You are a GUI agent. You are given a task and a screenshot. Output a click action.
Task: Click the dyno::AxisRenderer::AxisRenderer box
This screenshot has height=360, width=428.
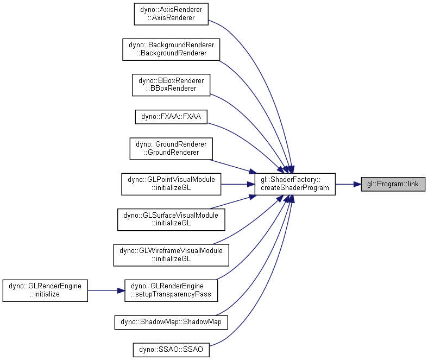click(171, 14)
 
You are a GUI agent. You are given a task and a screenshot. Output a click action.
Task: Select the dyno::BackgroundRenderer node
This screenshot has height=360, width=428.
click(171, 49)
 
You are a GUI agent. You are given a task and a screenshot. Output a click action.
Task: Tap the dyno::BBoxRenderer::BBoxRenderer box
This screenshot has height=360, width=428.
click(171, 85)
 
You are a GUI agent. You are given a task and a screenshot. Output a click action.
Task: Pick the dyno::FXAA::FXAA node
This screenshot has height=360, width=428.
click(171, 117)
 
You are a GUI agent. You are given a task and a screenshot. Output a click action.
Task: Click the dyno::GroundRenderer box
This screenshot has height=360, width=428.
click(171, 149)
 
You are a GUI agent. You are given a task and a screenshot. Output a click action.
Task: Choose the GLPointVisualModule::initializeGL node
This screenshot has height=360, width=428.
click(171, 184)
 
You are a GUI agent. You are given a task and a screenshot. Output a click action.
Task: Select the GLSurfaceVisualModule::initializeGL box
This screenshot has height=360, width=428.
click(171, 220)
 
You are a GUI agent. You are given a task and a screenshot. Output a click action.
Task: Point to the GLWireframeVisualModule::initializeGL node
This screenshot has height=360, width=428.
click(171, 255)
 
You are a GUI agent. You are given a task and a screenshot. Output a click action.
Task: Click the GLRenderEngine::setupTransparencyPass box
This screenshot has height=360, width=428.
click(171, 290)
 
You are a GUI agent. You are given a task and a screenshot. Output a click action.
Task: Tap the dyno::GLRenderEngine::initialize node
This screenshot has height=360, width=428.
click(45, 290)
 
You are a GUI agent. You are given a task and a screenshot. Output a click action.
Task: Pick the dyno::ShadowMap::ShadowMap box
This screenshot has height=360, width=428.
click(171, 323)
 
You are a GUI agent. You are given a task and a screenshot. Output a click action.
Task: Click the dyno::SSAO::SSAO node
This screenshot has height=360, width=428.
click(171, 350)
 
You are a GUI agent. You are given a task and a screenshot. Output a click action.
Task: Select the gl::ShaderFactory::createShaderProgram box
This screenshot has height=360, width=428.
click(295, 184)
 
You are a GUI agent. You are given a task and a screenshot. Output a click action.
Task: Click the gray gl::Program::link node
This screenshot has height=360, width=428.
click(393, 184)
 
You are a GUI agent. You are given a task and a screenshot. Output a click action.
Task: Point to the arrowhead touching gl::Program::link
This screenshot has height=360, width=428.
click(357, 184)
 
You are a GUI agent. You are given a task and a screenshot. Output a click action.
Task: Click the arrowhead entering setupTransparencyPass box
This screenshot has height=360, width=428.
click(121, 290)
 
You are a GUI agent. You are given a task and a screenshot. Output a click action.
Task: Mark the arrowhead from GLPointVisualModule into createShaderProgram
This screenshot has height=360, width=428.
click(251, 184)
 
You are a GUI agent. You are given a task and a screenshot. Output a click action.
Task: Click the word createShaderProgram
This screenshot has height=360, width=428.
click(295, 188)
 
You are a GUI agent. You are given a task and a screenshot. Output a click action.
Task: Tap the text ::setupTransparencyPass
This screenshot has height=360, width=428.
click(171, 294)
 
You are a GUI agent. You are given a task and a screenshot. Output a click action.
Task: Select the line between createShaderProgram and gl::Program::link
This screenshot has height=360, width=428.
click(345, 184)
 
